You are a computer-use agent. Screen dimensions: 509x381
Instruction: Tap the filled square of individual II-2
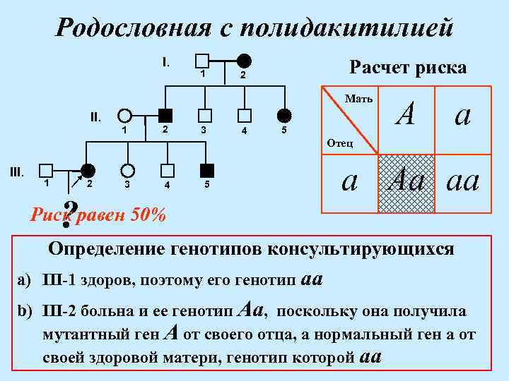pos(165,116)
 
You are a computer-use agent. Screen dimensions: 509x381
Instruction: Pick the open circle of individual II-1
pos(125,116)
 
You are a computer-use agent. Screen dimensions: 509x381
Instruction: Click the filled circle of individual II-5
pos(283,116)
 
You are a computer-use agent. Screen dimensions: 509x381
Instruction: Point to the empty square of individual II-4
pos(244,116)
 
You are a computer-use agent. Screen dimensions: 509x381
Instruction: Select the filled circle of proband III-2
pos(88,170)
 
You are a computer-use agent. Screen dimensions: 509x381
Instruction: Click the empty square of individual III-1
pos(47,170)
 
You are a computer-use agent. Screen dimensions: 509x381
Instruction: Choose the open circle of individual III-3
pos(127,170)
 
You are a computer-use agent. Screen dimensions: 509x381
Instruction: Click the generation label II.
pos(95,116)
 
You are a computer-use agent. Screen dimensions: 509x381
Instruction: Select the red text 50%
pos(149,214)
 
